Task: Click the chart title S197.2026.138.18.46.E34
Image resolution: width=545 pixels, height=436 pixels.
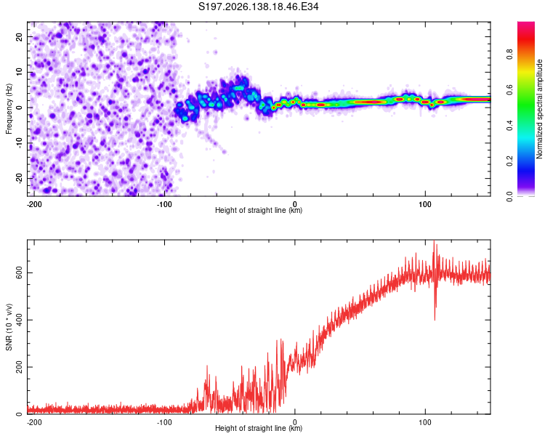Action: click(258, 7)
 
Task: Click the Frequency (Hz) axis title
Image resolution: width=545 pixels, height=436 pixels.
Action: click(9, 109)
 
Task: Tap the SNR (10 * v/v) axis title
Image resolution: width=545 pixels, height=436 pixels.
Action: click(9, 327)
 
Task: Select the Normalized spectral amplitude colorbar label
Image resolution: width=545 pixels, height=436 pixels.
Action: click(539, 109)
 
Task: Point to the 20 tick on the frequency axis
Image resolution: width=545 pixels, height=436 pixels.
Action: click(19, 37)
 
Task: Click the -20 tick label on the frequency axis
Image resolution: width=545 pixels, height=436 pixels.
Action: click(19, 178)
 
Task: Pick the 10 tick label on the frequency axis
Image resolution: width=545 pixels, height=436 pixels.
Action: click(19, 72)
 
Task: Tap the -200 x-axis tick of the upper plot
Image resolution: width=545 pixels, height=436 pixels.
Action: click(34, 204)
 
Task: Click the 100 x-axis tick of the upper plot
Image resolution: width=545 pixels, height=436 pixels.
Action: click(425, 204)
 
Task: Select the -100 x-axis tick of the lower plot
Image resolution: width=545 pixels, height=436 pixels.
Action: click(164, 422)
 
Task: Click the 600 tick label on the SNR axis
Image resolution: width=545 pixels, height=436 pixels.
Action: click(19, 273)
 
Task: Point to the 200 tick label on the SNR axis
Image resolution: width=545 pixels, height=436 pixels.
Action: click(19, 367)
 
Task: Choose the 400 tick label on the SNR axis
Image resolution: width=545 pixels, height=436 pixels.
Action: click(19, 320)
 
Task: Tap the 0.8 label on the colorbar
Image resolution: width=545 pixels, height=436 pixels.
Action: click(509, 54)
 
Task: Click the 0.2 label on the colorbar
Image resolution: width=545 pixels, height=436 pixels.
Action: click(509, 161)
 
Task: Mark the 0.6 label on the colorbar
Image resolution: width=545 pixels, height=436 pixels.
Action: click(509, 89)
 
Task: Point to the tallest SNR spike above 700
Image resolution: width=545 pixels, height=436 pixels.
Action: click(434, 241)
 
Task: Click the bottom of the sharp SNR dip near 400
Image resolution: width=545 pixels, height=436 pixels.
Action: click(435, 320)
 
